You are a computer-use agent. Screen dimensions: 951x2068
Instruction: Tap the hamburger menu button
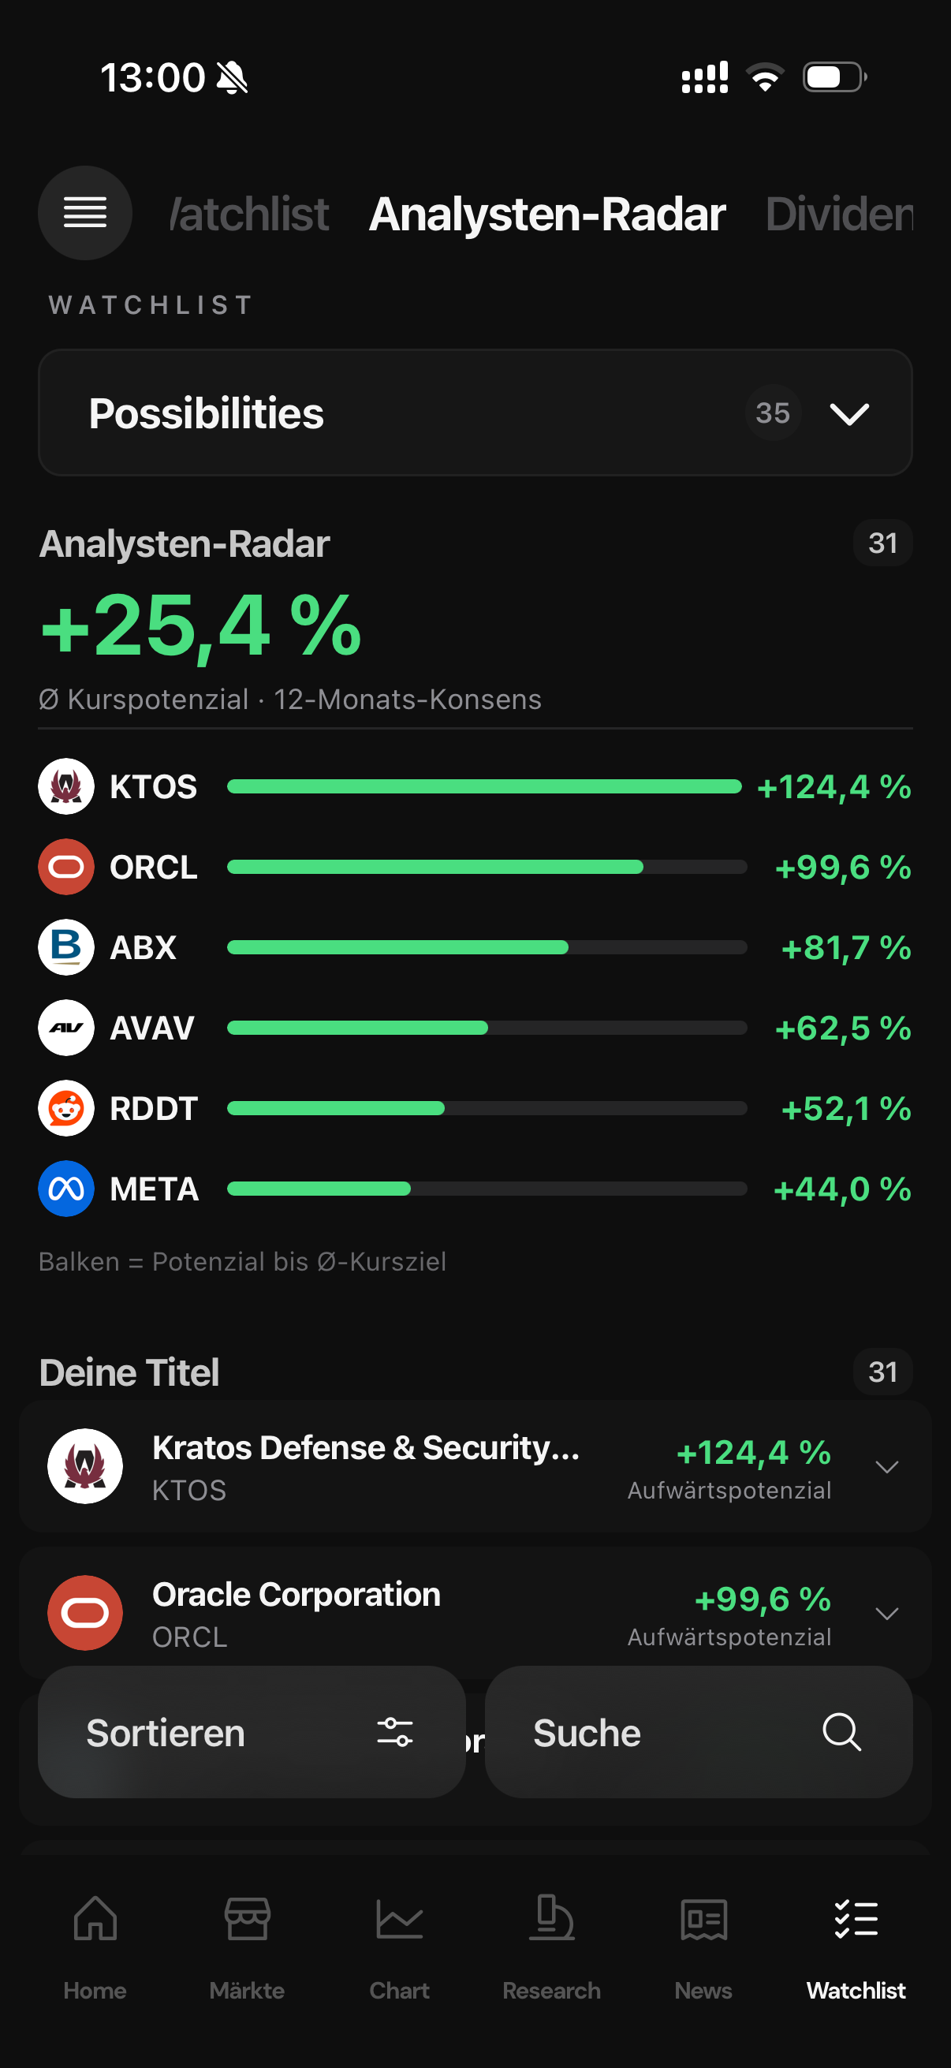[85, 213]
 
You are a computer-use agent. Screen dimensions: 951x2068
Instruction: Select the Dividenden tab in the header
[840, 215]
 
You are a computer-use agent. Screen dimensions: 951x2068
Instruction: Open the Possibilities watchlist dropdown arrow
[849, 414]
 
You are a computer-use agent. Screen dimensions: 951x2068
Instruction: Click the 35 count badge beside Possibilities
[773, 412]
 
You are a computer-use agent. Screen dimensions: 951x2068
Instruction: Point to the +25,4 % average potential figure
[200, 625]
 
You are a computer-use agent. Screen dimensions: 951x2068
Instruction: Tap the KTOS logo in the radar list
[66, 787]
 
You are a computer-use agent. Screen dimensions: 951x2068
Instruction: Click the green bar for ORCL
[435, 867]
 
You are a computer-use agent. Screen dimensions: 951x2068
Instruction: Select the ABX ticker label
[143, 947]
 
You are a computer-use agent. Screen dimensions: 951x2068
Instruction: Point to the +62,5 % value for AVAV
[843, 1028]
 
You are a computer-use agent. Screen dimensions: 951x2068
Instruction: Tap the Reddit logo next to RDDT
[66, 1108]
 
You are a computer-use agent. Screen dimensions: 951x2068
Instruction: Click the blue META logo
[66, 1189]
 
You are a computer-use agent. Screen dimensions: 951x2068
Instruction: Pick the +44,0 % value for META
[842, 1189]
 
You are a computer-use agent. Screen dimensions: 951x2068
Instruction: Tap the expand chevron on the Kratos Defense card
[887, 1467]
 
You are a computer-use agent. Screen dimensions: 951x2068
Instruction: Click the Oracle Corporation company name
[296, 1594]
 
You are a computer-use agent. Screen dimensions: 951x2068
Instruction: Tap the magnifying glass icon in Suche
[842, 1732]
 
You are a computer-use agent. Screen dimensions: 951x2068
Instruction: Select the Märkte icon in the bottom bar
[247, 1919]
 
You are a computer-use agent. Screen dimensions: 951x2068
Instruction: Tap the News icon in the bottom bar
[704, 1920]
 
